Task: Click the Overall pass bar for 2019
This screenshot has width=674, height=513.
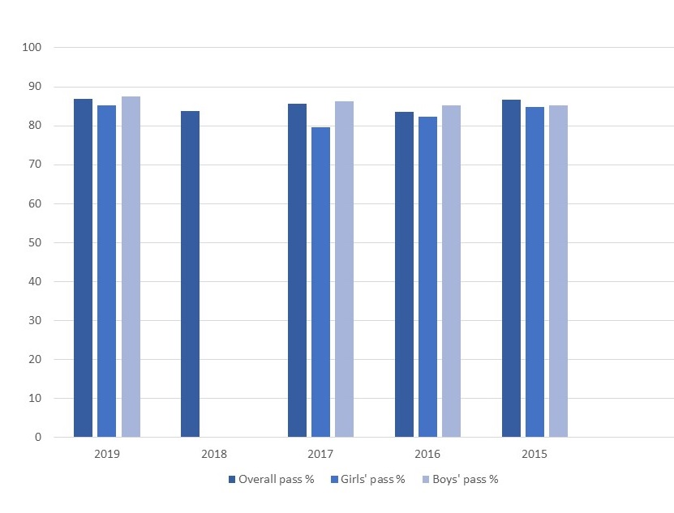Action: (x=83, y=268)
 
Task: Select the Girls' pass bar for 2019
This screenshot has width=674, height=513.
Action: (x=106, y=271)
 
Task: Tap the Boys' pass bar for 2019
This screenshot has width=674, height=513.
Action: (x=131, y=267)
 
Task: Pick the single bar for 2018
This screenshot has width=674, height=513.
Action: (x=190, y=274)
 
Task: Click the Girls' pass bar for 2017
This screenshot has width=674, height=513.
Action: (x=320, y=282)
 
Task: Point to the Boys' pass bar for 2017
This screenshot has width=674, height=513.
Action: (x=345, y=269)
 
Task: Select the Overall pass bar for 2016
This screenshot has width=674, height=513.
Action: (x=404, y=275)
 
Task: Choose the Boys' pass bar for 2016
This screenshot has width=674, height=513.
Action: (x=451, y=271)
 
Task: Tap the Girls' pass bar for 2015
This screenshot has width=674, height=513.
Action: (x=534, y=272)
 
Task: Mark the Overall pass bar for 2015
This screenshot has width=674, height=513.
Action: (x=511, y=268)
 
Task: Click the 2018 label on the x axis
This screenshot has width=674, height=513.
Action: (x=214, y=454)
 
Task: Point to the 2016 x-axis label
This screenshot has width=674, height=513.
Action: (x=427, y=454)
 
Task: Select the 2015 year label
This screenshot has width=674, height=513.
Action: (x=534, y=454)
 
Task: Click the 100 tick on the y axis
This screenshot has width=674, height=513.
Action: (x=32, y=47)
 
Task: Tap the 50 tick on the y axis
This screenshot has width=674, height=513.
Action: (x=35, y=242)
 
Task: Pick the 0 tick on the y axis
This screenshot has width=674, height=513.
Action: (x=38, y=437)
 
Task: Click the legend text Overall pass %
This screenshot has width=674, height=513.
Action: (x=277, y=479)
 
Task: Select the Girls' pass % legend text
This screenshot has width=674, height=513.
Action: (x=372, y=479)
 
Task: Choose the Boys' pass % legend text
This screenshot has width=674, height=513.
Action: (x=465, y=479)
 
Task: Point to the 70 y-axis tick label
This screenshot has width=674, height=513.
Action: (x=35, y=165)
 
